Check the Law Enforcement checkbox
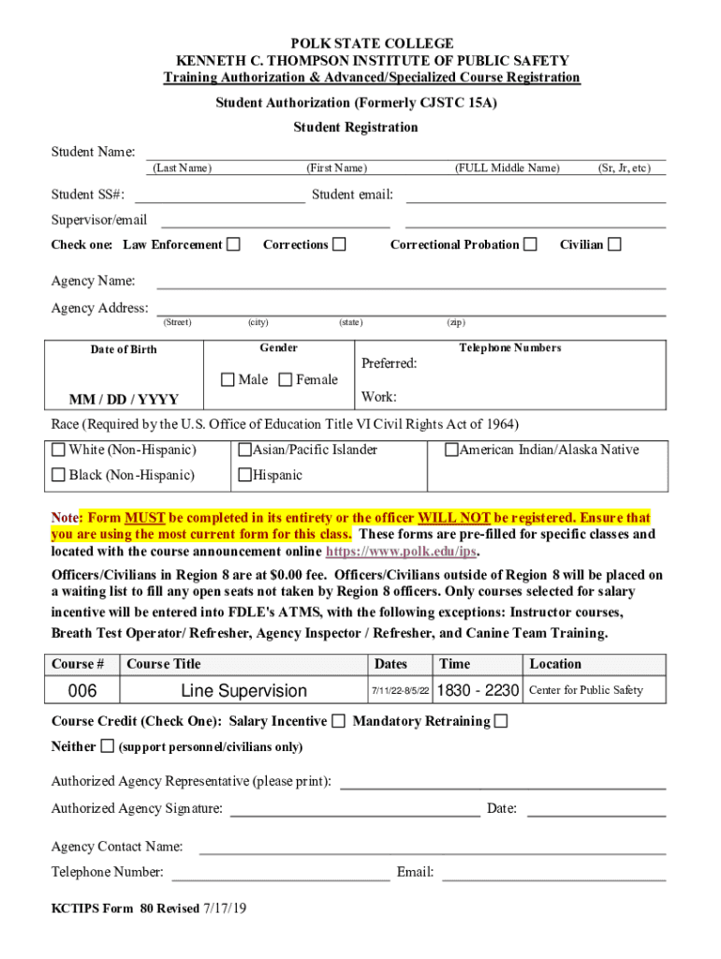[x=234, y=244]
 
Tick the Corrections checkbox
[x=340, y=244]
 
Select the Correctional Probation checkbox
[x=531, y=244]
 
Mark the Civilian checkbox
[x=614, y=244]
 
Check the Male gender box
[x=228, y=379]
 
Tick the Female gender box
[x=286, y=379]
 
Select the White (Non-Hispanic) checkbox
[x=59, y=450]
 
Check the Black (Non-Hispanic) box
[x=59, y=475]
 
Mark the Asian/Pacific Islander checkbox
[x=245, y=450]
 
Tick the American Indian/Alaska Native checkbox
[x=451, y=450]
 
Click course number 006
[x=82, y=691]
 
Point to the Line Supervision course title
[x=243, y=691]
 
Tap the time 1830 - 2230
[x=478, y=691]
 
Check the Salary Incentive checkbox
[x=338, y=721]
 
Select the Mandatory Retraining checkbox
[x=501, y=721]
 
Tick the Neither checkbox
[x=107, y=746]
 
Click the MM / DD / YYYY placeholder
[x=124, y=399]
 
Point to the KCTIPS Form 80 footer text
[x=149, y=908]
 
